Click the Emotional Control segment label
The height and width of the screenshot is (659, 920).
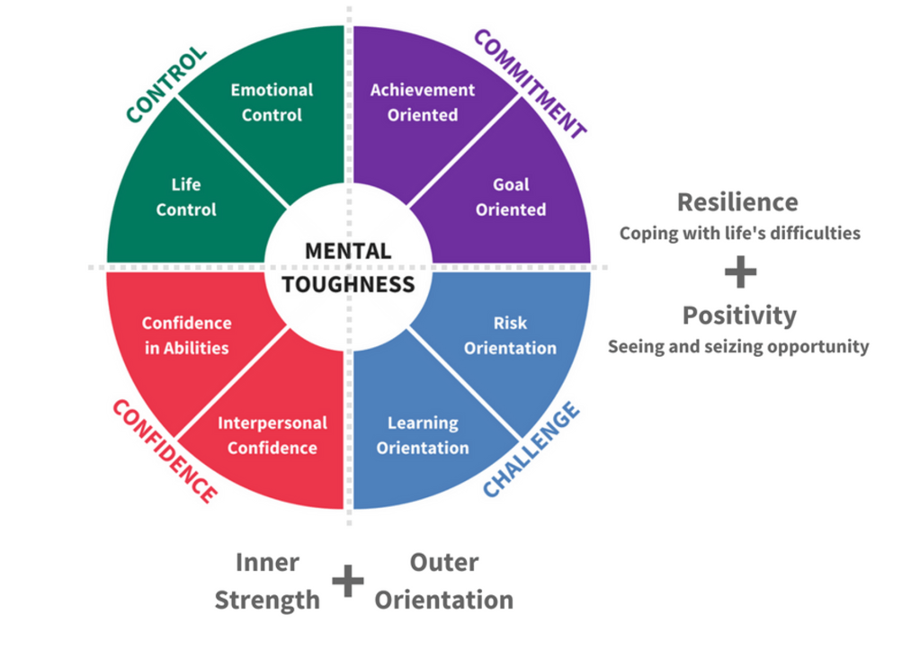point(272,102)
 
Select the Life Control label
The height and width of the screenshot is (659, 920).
point(186,197)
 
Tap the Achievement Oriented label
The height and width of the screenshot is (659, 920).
point(423,102)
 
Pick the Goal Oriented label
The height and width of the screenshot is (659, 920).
point(511,197)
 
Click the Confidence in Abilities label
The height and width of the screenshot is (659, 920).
point(187,335)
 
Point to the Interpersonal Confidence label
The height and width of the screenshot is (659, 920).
point(272,435)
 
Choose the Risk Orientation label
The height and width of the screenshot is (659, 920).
point(510,335)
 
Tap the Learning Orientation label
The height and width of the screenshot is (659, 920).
point(423,435)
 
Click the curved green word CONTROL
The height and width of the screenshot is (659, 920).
point(165,85)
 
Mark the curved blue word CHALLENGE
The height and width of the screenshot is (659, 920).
point(531,450)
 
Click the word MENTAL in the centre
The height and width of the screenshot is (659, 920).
point(348,251)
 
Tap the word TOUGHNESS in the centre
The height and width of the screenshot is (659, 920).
point(348,285)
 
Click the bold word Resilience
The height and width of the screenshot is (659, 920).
point(737,201)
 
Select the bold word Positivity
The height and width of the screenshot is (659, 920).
point(739,316)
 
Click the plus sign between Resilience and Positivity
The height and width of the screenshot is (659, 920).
point(740,272)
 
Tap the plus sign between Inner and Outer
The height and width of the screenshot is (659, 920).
point(348,582)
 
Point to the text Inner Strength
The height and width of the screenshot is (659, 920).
point(267,581)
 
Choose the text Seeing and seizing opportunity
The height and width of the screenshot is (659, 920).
point(738,346)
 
